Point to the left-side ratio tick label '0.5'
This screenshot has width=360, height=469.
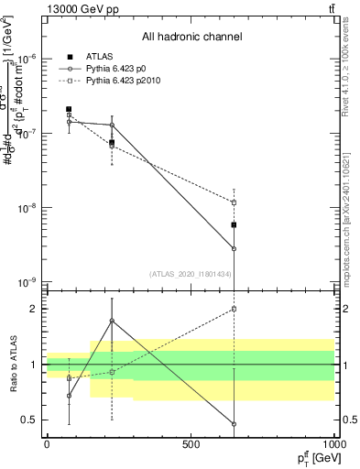point(28,420)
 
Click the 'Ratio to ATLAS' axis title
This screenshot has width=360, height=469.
point(11,364)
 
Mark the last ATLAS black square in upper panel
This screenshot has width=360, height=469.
point(235,224)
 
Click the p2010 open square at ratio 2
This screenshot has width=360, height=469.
point(235,309)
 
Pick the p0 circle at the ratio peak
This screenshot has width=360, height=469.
point(112,321)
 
